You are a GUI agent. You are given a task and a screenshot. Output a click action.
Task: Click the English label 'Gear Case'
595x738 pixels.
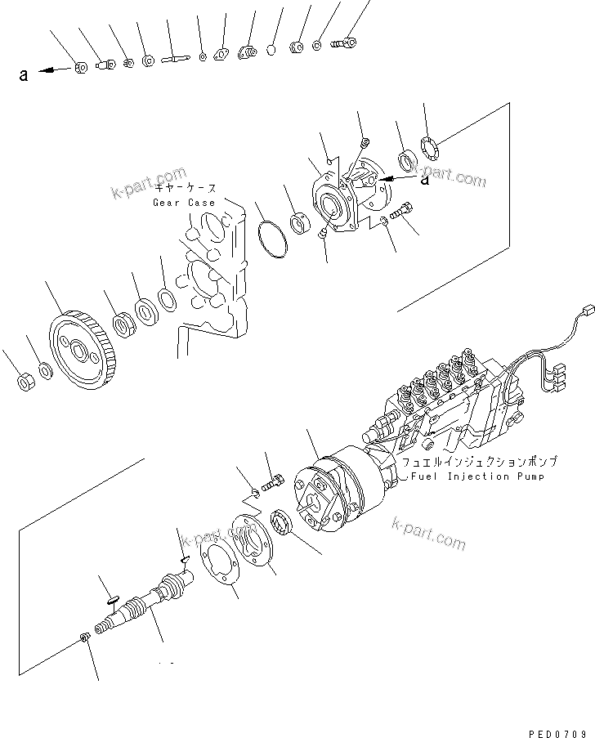click(x=184, y=202)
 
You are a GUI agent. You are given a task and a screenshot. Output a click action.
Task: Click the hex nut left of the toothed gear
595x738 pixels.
click(x=24, y=382)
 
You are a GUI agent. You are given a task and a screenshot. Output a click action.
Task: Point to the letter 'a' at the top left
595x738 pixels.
click(x=24, y=75)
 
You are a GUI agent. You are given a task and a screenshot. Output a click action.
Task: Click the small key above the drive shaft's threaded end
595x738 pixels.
click(x=111, y=597)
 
